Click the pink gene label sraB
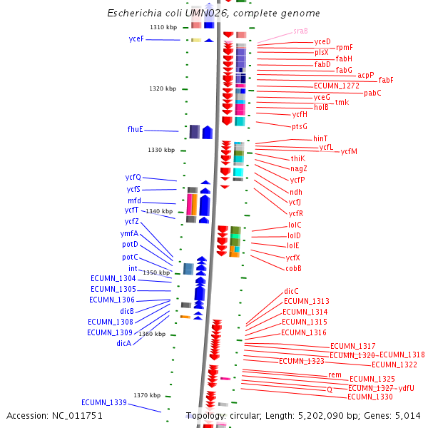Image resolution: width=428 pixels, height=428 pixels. point(300,31)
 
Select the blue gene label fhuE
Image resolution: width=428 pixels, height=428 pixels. point(135,129)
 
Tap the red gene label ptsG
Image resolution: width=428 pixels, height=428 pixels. point(300,126)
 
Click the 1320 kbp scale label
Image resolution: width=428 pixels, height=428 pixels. point(163,88)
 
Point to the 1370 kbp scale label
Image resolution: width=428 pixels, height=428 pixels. point(147,395)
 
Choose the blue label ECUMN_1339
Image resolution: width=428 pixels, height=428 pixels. point(103,402)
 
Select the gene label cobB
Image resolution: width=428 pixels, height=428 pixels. point(293,268)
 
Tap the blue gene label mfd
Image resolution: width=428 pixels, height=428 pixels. point(134,201)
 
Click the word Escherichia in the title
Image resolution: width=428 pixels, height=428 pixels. point(132,14)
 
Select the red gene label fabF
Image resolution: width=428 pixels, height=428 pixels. point(386,80)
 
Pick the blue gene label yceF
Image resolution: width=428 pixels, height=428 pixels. point(136,39)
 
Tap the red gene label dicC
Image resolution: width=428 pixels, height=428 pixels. point(291,291)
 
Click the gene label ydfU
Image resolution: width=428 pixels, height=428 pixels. point(406,388)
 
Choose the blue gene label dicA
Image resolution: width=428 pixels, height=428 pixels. point(123,343)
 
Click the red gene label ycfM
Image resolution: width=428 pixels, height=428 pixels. point(349,151)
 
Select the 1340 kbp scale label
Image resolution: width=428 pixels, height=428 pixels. point(159,211)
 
